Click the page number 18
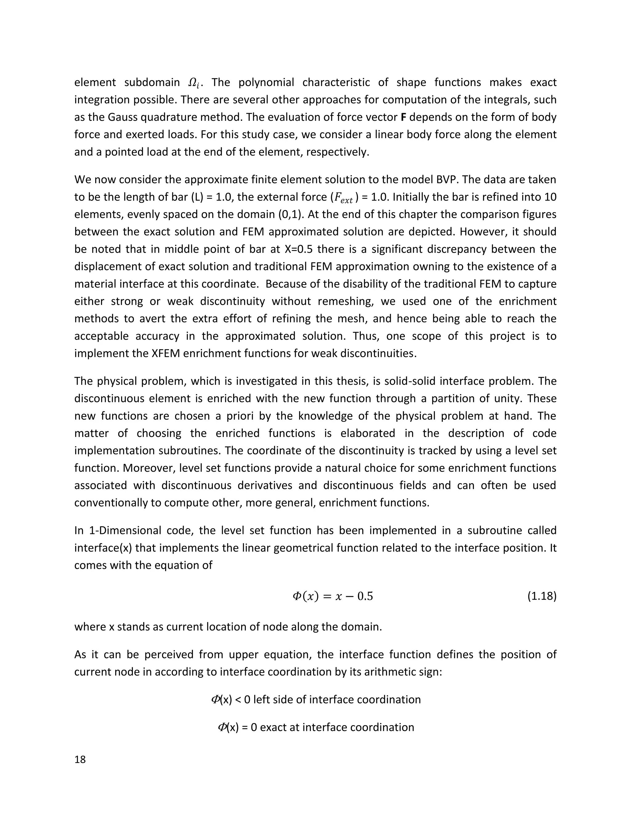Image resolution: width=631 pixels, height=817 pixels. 80,759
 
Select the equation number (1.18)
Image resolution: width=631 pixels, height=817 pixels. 541,596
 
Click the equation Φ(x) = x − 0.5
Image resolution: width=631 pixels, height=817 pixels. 332,596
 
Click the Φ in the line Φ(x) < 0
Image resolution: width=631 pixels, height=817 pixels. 216,700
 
